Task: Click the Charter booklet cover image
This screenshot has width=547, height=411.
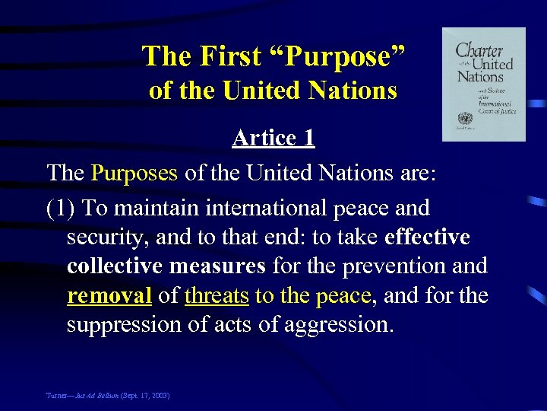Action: pyautogui.click(x=484, y=84)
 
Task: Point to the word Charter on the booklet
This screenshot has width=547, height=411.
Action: pyautogui.click(x=479, y=52)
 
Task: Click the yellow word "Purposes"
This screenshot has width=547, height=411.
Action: pyautogui.click(x=134, y=173)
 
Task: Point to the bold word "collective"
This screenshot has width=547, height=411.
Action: pyautogui.click(x=114, y=267)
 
